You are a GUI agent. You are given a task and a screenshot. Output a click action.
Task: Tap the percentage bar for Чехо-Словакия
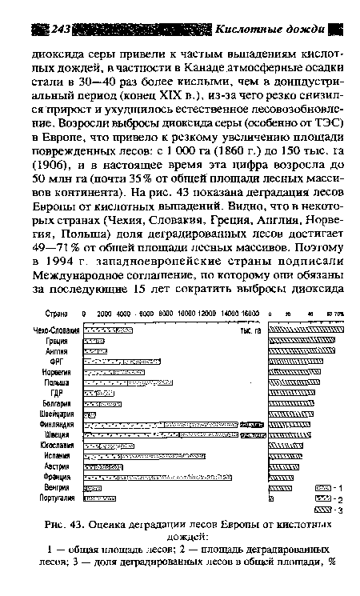click(306, 329)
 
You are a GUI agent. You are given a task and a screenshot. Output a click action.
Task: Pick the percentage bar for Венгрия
click(281, 486)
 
